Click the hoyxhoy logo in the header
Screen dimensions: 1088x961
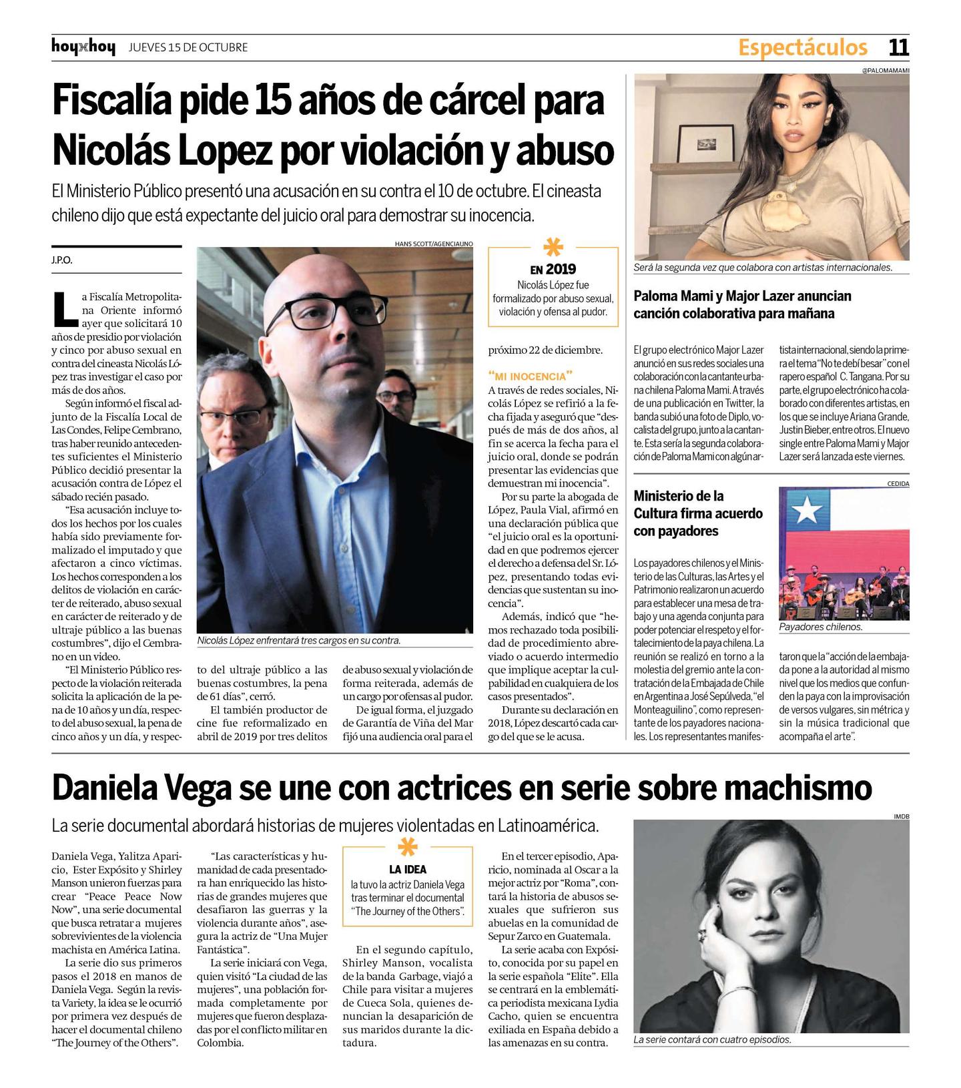point(83,47)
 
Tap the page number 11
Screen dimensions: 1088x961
point(898,47)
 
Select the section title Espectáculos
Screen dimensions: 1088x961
point(802,47)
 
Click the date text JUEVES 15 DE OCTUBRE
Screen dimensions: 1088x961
point(188,47)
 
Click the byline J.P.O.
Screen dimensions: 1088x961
point(62,260)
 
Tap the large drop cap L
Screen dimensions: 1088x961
point(64,306)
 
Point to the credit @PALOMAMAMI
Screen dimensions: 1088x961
point(886,69)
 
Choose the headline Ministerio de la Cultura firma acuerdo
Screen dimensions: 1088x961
point(698,513)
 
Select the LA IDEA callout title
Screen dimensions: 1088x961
point(408,869)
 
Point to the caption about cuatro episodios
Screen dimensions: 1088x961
point(711,1040)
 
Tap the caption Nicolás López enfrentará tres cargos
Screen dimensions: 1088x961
point(299,641)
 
